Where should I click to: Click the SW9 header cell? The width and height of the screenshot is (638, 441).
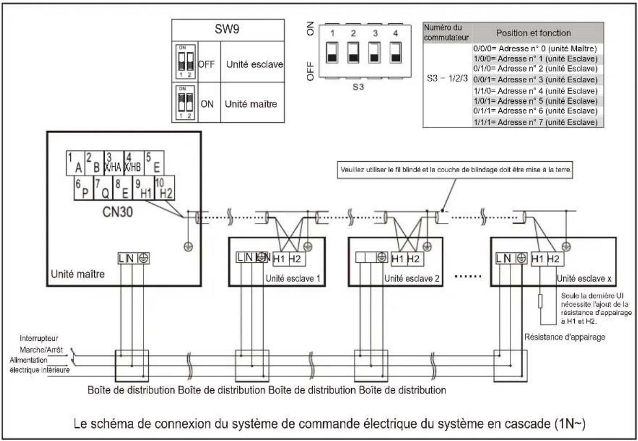coord(228,30)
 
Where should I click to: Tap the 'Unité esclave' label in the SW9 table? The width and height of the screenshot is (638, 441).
coord(254,64)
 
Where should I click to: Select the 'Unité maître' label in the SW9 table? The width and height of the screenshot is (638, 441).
coord(251,104)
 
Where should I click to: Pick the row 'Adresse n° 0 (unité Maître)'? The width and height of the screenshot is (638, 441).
coord(536,48)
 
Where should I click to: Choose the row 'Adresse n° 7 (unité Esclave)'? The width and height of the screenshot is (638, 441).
coord(536,122)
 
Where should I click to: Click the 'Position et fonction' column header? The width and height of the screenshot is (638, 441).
coord(533,32)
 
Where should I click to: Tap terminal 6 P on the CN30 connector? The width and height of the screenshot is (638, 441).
coord(83,188)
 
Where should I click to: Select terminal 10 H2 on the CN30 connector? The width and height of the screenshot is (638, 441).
coord(165,188)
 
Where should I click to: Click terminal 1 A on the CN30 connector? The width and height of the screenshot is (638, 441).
coord(75,163)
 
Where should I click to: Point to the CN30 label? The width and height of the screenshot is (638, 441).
coord(117,212)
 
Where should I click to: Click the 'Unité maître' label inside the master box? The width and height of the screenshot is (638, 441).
coord(77,274)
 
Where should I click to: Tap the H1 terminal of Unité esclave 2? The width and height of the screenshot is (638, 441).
coord(398,258)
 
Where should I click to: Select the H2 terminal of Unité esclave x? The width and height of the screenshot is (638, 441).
coord(554,258)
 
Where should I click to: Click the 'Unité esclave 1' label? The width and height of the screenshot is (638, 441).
coord(293,279)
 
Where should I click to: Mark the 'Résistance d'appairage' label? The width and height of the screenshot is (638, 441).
coord(565,337)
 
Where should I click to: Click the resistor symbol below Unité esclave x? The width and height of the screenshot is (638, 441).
coord(541,301)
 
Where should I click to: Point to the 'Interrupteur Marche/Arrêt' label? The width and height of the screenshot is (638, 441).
coord(41,344)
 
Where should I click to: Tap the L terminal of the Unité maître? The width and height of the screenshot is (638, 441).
coord(122,258)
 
